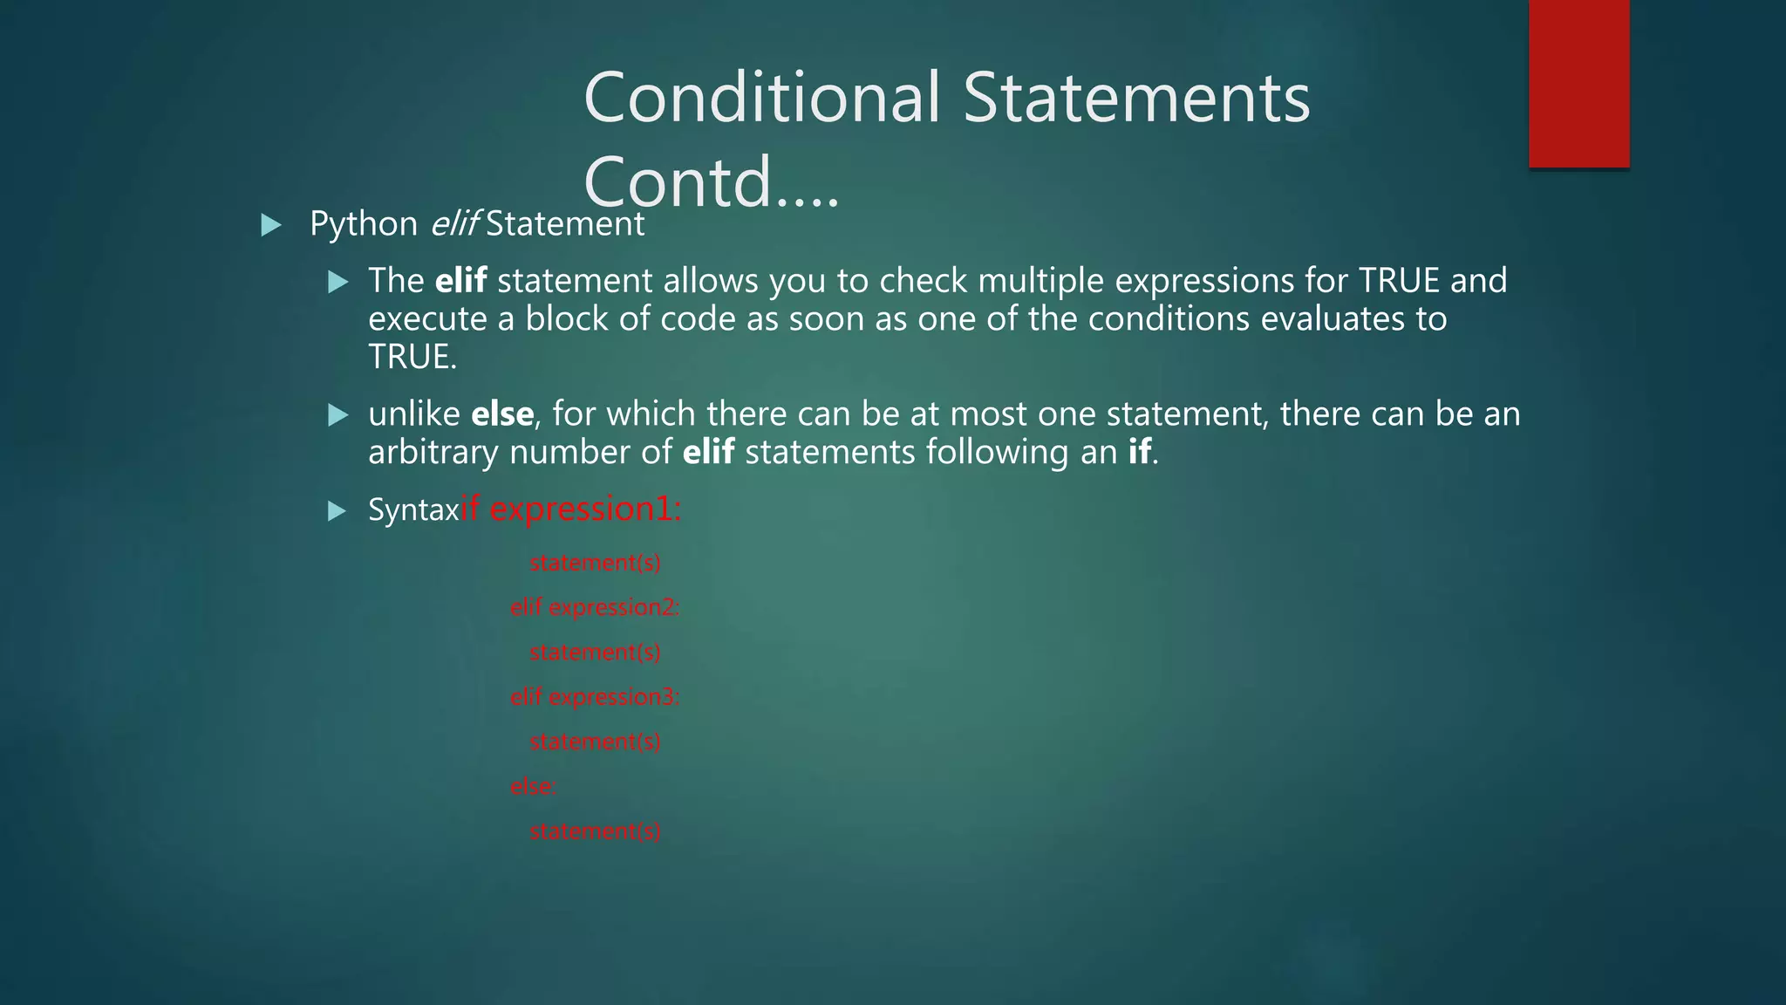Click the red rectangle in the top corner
click(1578, 84)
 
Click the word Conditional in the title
click(762, 98)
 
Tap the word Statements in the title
click(1135, 98)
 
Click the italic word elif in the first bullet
click(453, 224)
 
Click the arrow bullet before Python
click(271, 226)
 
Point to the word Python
click(364, 224)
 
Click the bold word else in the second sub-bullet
click(502, 414)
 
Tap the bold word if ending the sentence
click(1139, 452)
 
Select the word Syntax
click(412, 509)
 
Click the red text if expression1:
click(571, 509)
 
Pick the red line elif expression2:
click(594, 607)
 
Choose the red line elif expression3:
click(594, 697)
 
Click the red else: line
click(533, 786)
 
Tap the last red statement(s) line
click(595, 831)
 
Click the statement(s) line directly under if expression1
click(595, 563)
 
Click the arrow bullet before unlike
click(337, 415)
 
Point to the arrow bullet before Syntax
click(337, 511)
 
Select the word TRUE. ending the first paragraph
click(412, 357)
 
